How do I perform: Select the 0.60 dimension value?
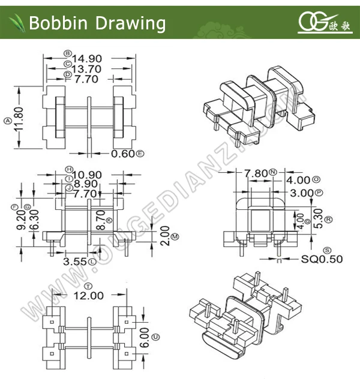click(x=123, y=154)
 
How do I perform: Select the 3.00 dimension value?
click(x=302, y=192)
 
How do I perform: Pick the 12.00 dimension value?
click(x=89, y=295)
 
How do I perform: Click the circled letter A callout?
click(x=7, y=120)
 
